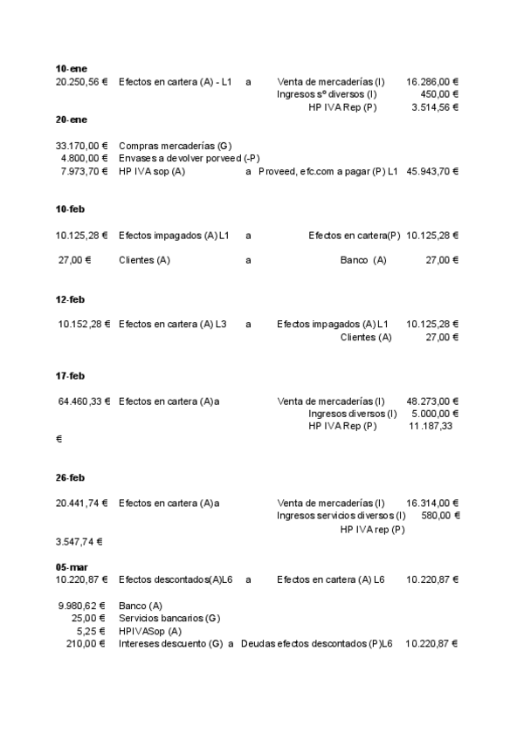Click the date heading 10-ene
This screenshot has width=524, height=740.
(71, 68)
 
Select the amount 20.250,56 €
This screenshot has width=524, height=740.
(81, 81)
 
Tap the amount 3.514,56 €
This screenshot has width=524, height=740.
(435, 106)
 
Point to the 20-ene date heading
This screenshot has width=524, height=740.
(71, 119)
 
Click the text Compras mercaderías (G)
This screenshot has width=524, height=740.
(175, 146)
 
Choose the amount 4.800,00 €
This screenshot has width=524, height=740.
(84, 158)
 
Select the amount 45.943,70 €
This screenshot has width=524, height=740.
(431, 171)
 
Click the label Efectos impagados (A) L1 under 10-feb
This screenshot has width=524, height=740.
(174, 235)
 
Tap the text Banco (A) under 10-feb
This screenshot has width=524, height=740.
(362, 260)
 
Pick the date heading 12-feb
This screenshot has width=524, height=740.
(70, 299)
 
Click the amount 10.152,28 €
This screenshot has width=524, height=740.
(84, 325)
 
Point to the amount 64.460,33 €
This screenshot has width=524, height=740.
(84, 401)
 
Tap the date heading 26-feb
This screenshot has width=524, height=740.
(70, 477)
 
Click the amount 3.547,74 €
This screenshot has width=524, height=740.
(79, 541)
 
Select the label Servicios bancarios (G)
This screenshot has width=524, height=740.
(169, 618)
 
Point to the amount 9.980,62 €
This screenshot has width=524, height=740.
(81, 606)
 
